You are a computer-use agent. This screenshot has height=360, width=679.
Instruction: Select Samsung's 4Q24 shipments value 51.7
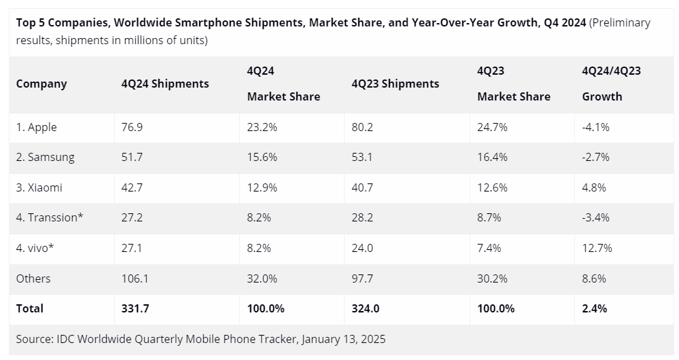[132, 157]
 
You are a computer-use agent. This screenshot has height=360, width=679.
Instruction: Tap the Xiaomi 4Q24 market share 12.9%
[262, 187]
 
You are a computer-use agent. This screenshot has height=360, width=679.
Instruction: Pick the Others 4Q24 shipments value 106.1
[135, 278]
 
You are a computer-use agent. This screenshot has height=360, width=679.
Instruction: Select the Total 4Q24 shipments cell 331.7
[135, 308]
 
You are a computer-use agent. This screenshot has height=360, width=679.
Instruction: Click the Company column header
[41, 84]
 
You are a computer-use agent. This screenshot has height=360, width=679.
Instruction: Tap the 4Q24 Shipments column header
[165, 84]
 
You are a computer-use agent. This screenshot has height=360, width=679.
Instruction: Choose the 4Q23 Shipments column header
[396, 84]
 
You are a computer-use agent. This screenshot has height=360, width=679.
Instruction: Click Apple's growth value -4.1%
[595, 127]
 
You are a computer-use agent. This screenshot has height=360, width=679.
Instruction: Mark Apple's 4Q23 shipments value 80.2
[362, 127]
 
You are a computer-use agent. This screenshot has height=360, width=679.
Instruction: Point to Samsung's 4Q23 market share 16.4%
[492, 157]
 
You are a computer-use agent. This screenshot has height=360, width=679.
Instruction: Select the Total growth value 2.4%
[594, 308]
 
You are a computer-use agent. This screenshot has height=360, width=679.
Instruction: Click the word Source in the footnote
[34, 338]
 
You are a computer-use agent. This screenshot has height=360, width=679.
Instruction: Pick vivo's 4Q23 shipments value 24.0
[362, 248]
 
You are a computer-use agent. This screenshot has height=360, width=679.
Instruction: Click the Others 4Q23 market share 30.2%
[492, 278]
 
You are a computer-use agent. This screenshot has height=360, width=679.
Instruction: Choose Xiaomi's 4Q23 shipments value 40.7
[362, 187]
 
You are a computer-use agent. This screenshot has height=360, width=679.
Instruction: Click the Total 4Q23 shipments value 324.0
[365, 308]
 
